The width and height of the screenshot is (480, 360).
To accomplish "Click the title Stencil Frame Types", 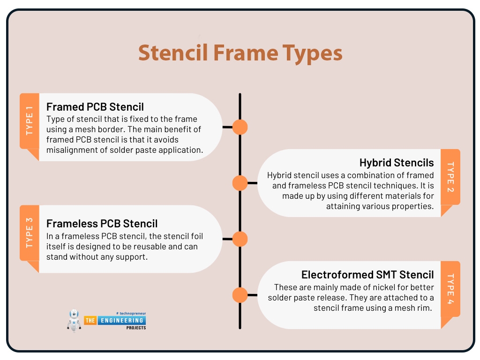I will point(240,53).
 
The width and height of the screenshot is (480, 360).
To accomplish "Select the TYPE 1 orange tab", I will point(29,121).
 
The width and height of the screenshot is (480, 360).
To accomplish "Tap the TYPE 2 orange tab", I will point(450,177).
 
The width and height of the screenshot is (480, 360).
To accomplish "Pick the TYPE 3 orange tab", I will point(29,233).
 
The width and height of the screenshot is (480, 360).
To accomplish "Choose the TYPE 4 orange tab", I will point(450,289).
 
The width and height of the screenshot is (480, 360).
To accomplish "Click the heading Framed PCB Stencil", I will point(95,107).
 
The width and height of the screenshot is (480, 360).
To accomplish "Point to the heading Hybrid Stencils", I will point(397,163).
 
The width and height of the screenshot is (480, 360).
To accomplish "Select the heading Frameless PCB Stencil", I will point(102,223).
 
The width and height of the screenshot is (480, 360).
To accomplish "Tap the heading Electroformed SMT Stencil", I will point(367,275).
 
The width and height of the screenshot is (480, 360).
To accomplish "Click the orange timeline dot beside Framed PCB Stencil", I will point(240,127).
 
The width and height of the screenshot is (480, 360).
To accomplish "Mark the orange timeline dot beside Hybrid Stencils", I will point(240,183).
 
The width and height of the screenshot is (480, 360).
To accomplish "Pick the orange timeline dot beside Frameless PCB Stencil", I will point(240,239).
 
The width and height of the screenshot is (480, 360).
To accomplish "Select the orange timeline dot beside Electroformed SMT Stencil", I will point(240,295).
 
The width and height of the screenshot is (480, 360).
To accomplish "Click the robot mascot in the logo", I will point(75,320).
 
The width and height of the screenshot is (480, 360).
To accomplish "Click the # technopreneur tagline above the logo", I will point(130,313).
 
